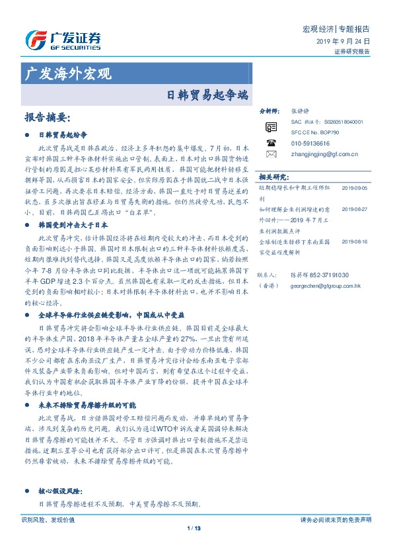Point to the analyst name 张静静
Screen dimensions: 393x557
[300, 112]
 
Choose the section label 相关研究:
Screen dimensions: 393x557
[273, 177]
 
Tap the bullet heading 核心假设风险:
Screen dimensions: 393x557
[60, 492]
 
